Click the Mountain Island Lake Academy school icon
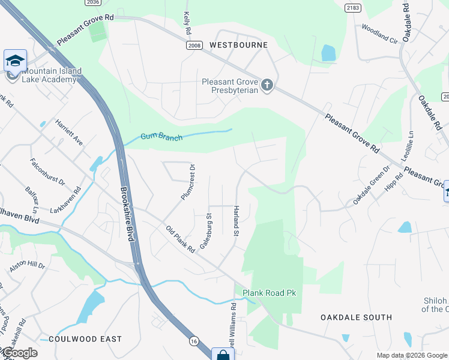click(x=15, y=61)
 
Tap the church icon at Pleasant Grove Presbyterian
click(x=267, y=86)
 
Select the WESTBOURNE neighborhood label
click(x=238, y=45)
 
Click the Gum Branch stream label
click(x=161, y=136)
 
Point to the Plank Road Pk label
click(x=270, y=293)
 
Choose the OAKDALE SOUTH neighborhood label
click(x=356, y=317)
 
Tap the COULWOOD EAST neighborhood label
click(x=85, y=339)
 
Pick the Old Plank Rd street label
click(x=179, y=238)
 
